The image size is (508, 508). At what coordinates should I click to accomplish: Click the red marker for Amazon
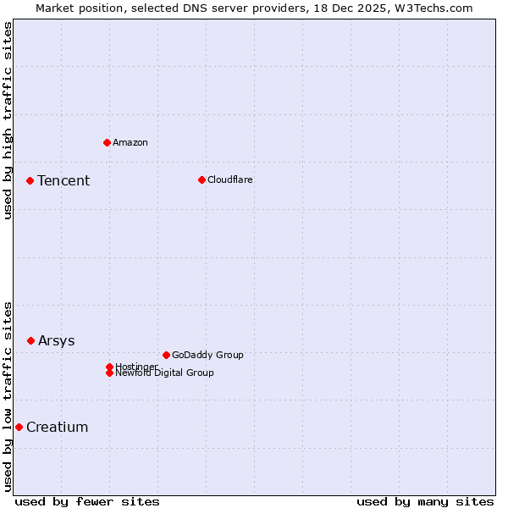click(x=107, y=142)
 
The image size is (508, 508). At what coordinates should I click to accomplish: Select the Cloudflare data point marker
click(x=202, y=179)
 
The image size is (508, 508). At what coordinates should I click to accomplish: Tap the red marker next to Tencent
click(x=30, y=180)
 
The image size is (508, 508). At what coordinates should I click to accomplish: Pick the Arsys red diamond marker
click(x=30, y=340)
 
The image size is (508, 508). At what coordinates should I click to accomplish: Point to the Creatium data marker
click(x=19, y=427)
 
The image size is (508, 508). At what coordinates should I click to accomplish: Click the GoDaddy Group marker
click(x=166, y=355)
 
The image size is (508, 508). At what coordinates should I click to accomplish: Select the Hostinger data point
click(x=109, y=367)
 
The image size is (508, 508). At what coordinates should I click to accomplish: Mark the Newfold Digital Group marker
click(x=109, y=373)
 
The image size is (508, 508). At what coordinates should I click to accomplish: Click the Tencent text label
click(x=63, y=180)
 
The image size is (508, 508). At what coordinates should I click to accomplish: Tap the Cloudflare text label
click(x=230, y=179)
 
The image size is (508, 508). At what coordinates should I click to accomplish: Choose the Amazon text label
click(x=130, y=142)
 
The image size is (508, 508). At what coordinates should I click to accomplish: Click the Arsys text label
click(x=57, y=340)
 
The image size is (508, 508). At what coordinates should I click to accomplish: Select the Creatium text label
click(x=58, y=427)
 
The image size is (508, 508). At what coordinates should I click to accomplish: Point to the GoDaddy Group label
click(x=207, y=355)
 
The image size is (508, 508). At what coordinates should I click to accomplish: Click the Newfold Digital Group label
click(x=165, y=373)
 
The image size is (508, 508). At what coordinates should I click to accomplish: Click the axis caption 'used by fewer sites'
click(x=87, y=501)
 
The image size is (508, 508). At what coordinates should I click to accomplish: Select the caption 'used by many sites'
click(x=425, y=501)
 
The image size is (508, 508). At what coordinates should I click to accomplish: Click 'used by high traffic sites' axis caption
click(x=8, y=120)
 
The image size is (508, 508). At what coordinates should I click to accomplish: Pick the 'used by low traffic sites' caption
click(x=8, y=396)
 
